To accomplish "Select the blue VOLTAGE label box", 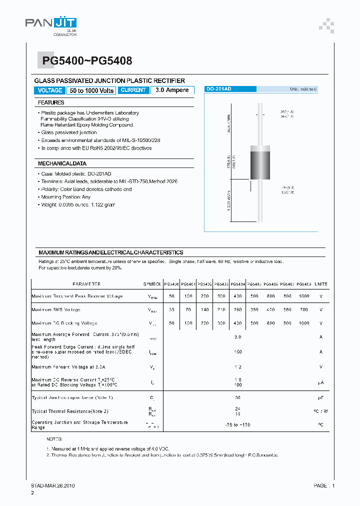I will coord(49,90).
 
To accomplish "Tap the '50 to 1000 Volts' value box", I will coord(91,90).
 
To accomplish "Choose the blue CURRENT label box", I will coord(133,90).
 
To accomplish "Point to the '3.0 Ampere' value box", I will coord(172,90).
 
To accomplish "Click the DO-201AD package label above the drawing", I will coord(219,89).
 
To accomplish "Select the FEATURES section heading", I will coord(51,102).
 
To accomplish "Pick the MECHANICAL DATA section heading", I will coord(62,163).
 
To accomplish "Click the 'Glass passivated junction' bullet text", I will coord(69,132).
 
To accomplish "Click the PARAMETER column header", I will coord(86,284).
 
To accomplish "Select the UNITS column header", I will coord(321,284).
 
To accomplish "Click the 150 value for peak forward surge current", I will coord(238,351).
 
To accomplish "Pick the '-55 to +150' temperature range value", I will coord(237,424).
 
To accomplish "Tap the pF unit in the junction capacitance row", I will coord(321,397).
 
